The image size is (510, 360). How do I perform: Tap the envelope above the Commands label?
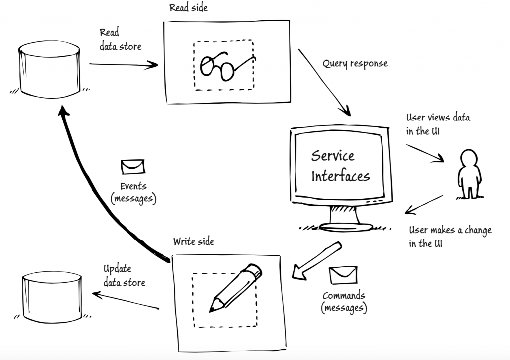(x=343, y=275)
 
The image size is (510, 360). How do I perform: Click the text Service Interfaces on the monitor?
(x=340, y=166)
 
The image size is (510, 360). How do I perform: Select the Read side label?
(x=188, y=8)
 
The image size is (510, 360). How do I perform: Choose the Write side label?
(x=194, y=241)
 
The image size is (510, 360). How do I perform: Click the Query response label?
(x=355, y=64)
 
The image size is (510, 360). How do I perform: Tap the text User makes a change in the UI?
(x=450, y=237)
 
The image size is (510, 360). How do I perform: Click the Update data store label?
(x=124, y=275)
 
